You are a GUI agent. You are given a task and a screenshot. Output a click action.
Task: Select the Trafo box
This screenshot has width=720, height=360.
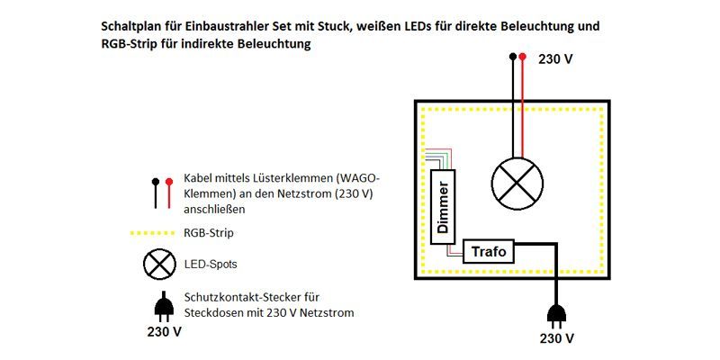(x=489, y=251)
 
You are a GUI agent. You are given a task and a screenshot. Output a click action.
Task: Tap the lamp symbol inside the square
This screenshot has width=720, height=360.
(x=517, y=184)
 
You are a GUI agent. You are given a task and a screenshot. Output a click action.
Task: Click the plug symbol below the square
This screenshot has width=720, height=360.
(x=557, y=315)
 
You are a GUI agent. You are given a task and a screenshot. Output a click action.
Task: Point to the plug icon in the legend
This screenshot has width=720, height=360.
(x=163, y=309)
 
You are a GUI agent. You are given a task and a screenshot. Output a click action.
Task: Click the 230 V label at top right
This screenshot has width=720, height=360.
(x=556, y=60)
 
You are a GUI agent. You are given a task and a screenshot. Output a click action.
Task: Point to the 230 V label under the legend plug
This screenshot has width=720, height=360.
(x=165, y=331)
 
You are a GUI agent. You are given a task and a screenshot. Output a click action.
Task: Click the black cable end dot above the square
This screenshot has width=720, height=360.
(x=513, y=56)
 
